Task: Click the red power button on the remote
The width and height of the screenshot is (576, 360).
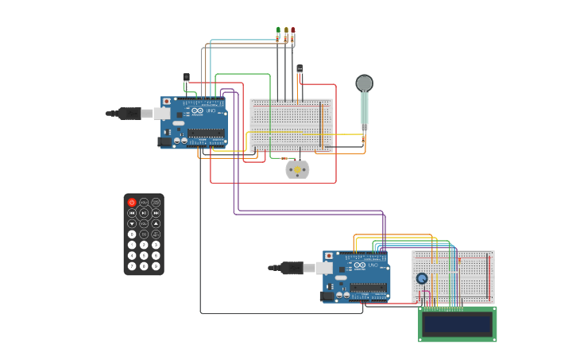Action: coord(132,203)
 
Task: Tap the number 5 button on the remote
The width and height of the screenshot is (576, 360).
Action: coord(144,255)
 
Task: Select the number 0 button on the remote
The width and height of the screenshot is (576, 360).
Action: coord(132,234)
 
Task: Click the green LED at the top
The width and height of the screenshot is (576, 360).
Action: coord(278,31)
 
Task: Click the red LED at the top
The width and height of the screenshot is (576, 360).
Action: coord(292,31)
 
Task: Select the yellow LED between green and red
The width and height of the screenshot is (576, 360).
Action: coord(285,31)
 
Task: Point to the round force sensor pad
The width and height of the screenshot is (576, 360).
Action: coord(364,83)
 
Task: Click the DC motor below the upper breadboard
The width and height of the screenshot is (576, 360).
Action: coord(297,168)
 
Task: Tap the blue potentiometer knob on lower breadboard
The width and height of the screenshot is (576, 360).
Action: coord(422,278)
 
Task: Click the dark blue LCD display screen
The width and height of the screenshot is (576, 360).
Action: coord(457,323)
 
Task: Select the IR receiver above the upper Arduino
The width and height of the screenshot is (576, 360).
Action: coord(186,77)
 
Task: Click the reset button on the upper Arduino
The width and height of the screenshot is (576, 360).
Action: coord(166,102)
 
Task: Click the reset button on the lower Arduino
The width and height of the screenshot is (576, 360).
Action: coord(328,256)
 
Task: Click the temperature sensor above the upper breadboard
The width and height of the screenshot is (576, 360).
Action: coord(300,69)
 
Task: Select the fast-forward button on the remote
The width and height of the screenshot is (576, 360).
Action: coord(156,213)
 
